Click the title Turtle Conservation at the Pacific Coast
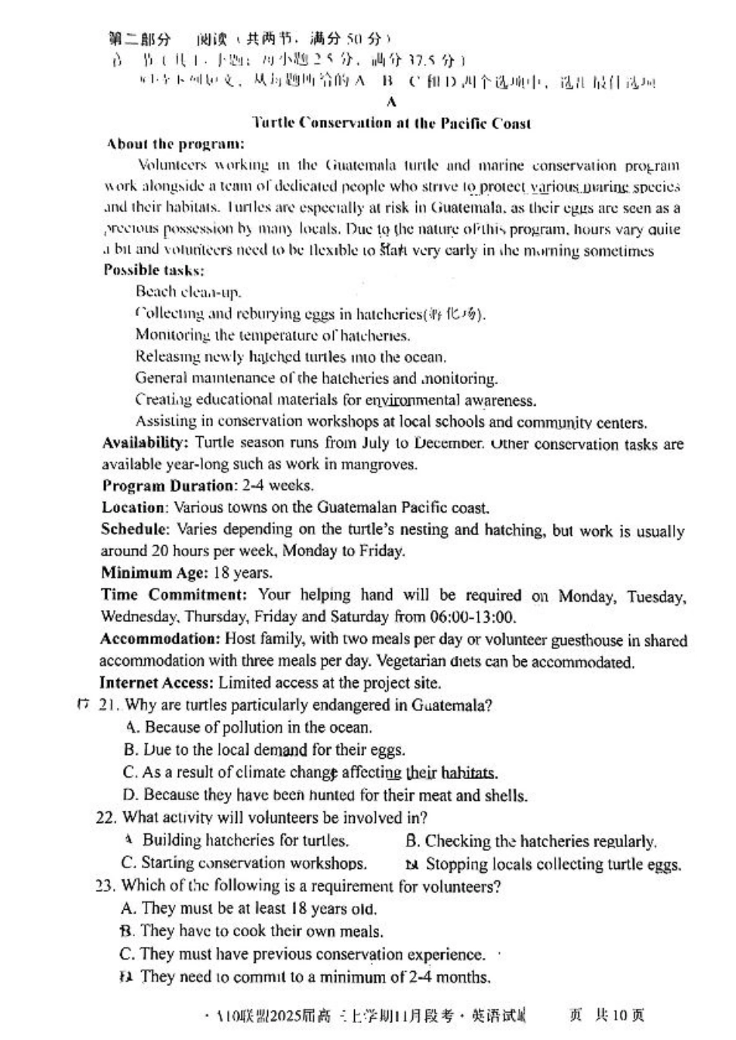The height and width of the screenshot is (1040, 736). point(391,123)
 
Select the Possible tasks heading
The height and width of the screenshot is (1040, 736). point(153,270)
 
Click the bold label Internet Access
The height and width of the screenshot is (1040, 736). point(155,683)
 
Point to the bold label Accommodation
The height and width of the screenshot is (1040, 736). point(160,640)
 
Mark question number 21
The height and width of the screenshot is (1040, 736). point(107,705)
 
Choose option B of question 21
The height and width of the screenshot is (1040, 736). point(263,750)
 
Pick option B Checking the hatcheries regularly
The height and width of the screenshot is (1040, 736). point(530,841)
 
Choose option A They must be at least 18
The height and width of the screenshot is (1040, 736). point(248,908)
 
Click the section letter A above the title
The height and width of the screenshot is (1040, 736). point(391,102)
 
